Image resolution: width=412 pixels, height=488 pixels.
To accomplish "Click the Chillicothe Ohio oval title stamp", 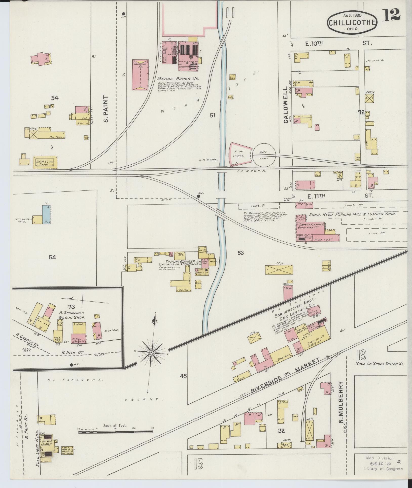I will click(353, 22).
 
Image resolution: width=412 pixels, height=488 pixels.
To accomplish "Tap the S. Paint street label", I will click(106, 109).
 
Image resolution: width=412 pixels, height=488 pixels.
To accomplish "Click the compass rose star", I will click(151, 353).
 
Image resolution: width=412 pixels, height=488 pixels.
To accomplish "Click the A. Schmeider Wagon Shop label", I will click(72, 315).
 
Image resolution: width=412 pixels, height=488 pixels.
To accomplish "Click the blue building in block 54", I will click(46, 214).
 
